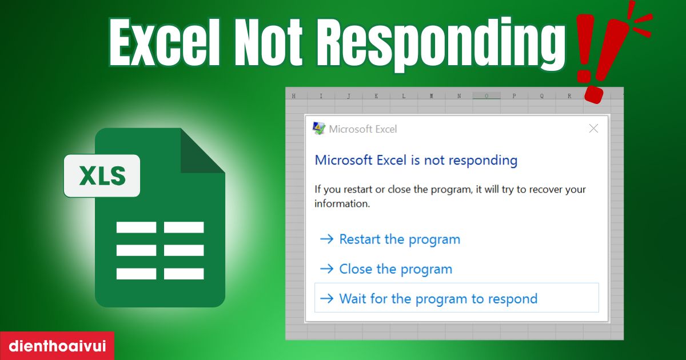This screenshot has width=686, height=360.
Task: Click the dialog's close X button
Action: click(593, 129)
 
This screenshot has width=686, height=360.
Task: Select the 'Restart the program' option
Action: click(399, 239)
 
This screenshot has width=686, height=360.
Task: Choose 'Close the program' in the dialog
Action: click(395, 269)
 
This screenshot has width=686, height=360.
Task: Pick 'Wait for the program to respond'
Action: click(438, 298)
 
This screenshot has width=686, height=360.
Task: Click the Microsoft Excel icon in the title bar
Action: click(318, 129)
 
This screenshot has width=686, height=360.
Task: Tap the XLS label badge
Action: click(102, 176)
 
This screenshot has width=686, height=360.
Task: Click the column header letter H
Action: click(294, 96)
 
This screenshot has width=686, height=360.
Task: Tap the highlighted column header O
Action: click(486, 96)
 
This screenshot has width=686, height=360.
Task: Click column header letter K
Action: click(376, 96)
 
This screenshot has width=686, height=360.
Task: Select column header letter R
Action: click(569, 96)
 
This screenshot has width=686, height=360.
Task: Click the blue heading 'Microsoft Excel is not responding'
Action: click(416, 160)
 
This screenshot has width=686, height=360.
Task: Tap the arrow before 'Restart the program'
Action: click(326, 239)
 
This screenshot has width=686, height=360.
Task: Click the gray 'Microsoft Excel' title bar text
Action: click(362, 129)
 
